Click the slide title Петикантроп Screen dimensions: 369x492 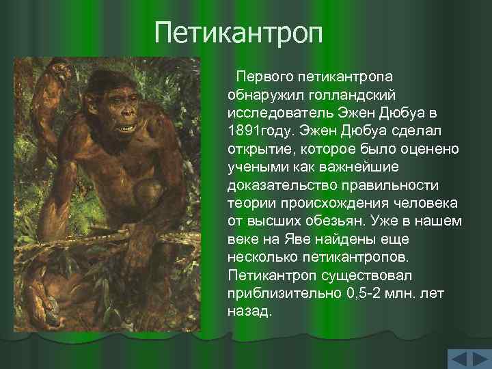tap(238, 33)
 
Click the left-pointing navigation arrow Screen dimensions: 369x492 tap(457, 359)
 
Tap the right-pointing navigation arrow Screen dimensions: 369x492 tap(478, 359)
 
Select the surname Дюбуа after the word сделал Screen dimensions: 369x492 tap(366, 130)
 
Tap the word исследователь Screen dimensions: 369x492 tap(270, 111)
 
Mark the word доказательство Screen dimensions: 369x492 tap(279, 185)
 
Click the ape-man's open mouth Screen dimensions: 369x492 tap(126, 128)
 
